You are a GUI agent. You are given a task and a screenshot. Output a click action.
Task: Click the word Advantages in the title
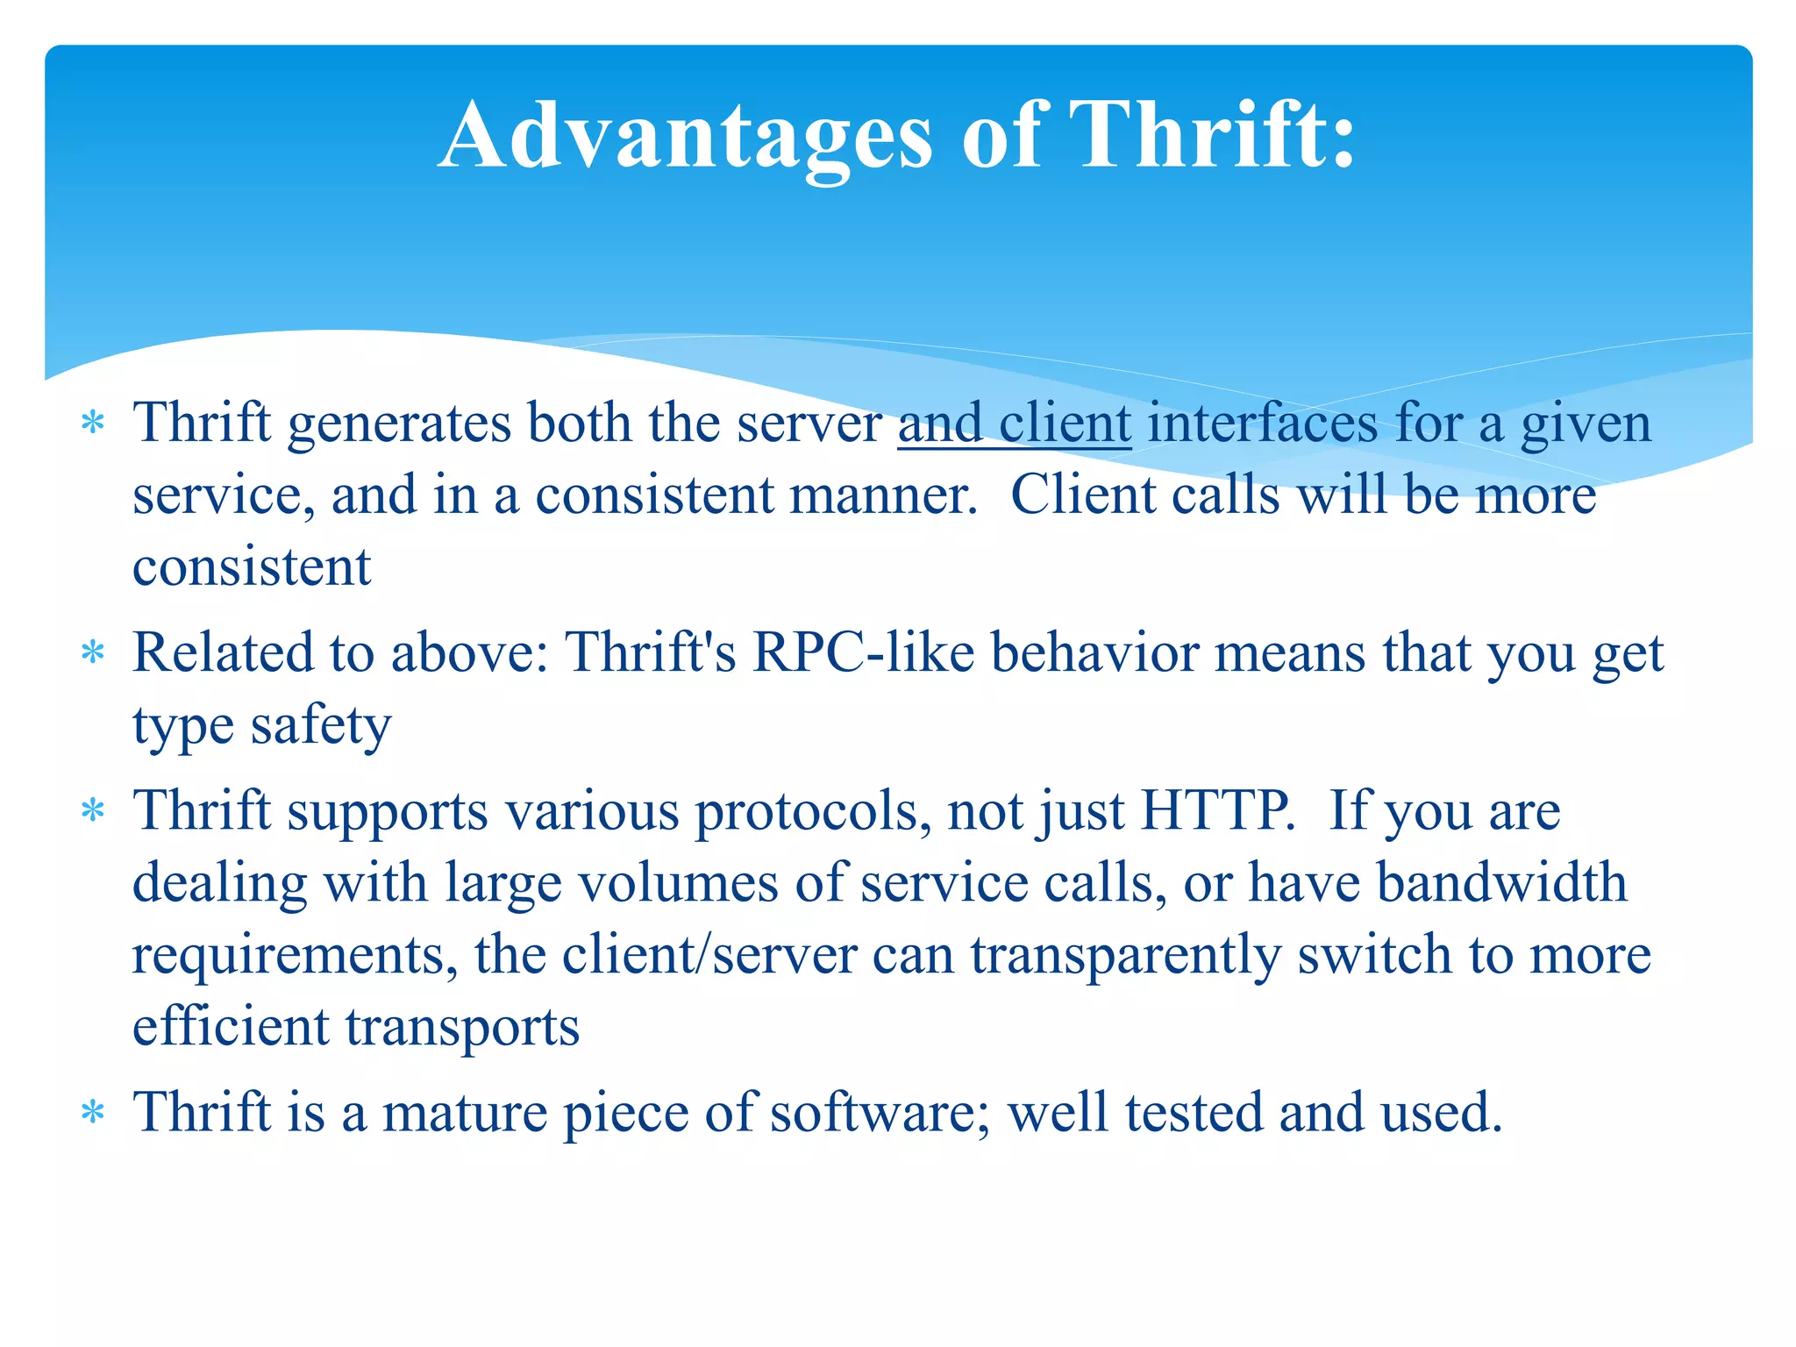(x=685, y=136)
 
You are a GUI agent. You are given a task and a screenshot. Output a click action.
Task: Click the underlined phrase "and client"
(x=1015, y=424)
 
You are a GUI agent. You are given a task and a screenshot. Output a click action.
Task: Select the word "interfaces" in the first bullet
(x=1263, y=424)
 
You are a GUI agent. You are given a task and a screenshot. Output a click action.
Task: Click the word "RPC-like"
(x=863, y=653)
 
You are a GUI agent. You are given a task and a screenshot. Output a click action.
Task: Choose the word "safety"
(x=320, y=726)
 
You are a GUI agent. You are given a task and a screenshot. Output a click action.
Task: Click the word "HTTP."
(x=1217, y=810)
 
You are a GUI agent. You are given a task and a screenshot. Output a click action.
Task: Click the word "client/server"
(x=709, y=955)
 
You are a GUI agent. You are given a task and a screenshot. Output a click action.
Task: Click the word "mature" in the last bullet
(x=465, y=1113)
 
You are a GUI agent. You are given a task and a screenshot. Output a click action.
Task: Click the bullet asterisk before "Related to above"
(x=92, y=654)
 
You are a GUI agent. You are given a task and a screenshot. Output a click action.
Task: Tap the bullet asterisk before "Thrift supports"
(x=92, y=811)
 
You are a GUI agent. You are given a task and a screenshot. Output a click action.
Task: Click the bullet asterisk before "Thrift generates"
(x=92, y=424)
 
